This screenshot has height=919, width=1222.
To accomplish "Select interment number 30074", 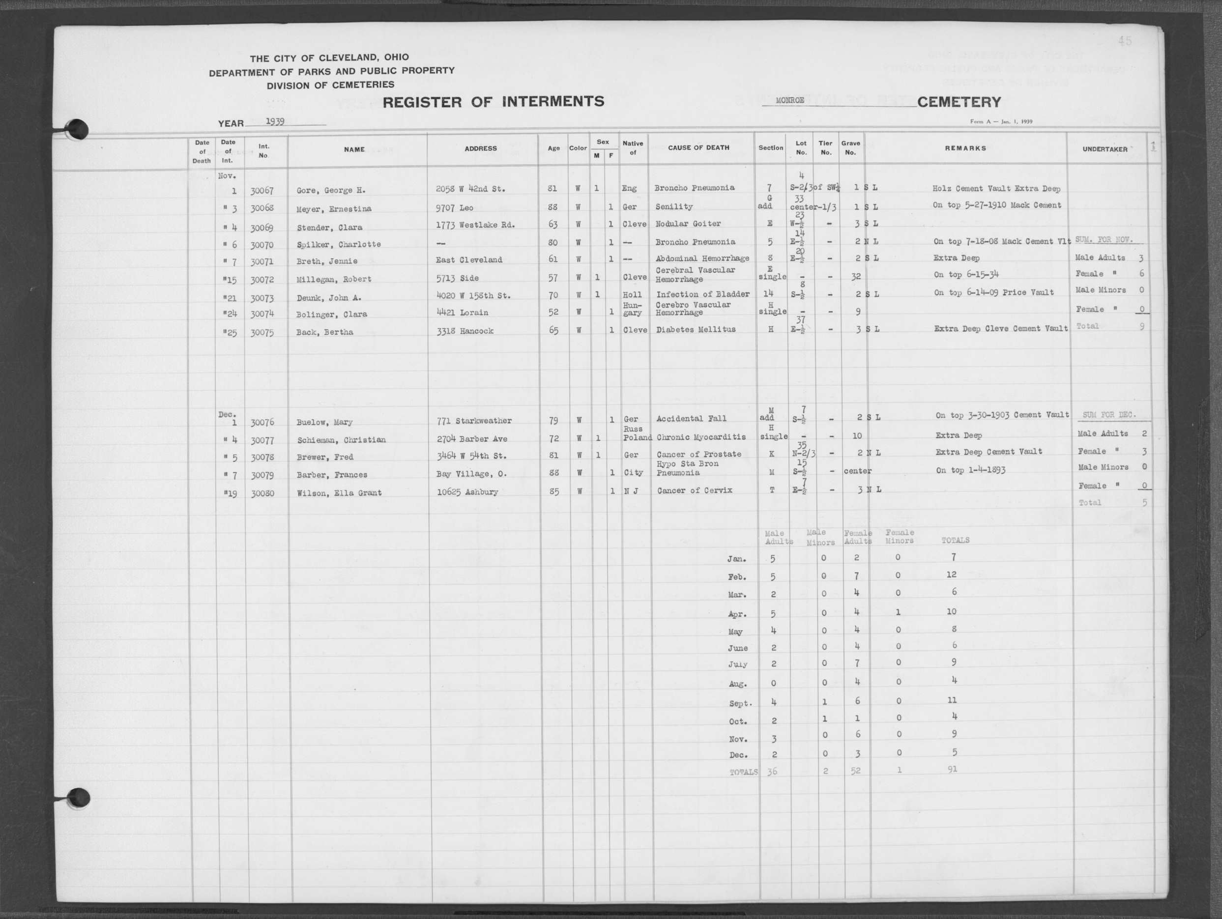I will click(262, 314).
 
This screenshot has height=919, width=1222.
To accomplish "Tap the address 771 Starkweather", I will click(474, 421).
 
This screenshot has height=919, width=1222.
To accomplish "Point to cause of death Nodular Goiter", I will click(688, 224).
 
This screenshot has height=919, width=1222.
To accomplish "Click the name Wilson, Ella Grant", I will click(339, 492).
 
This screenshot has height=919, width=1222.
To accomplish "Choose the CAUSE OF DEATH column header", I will click(698, 148).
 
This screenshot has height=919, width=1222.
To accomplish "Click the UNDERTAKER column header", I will click(1105, 149).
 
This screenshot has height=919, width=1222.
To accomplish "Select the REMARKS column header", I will click(965, 148).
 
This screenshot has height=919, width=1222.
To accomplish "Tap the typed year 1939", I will click(275, 121).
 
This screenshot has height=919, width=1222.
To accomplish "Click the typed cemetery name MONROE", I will click(789, 101).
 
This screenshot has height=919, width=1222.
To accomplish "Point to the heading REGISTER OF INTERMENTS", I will click(494, 102).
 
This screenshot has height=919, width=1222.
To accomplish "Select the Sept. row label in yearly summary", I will click(740, 704).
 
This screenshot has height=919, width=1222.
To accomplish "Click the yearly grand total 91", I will click(952, 769).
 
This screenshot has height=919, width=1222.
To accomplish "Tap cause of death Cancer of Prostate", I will click(699, 454).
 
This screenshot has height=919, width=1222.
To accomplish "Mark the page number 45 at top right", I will click(1124, 40).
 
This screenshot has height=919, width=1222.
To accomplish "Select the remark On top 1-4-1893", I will click(970, 470).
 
